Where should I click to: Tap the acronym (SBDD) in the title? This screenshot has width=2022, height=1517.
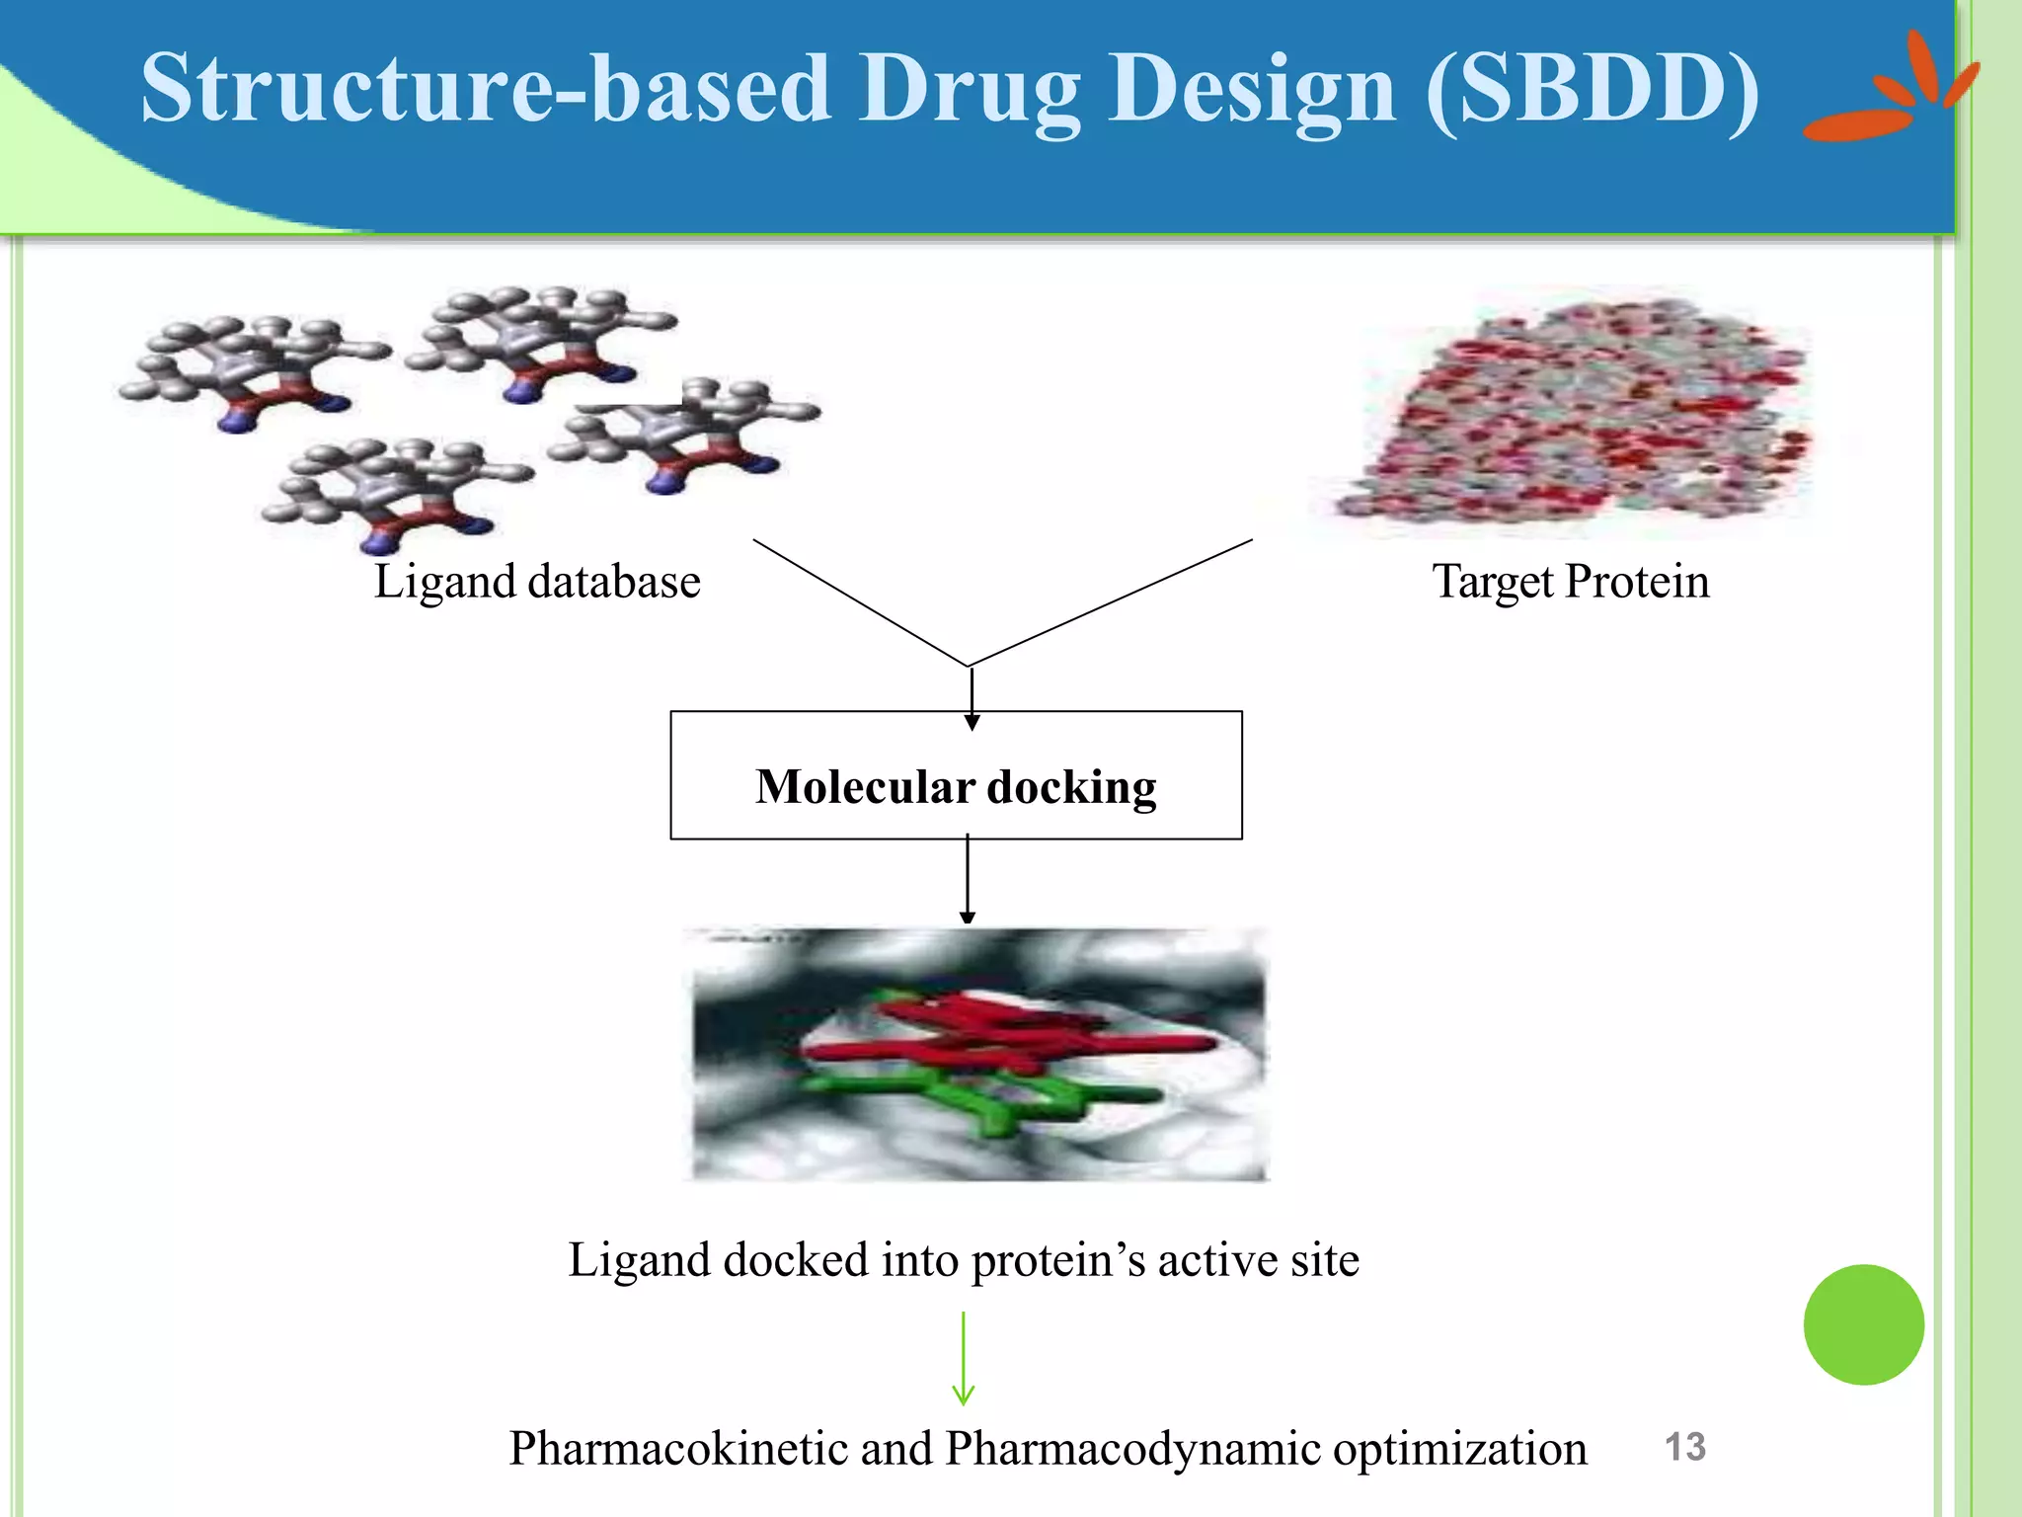pos(1592,89)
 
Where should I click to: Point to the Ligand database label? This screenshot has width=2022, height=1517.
pos(537,581)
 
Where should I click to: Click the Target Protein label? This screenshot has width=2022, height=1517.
pos(1571,581)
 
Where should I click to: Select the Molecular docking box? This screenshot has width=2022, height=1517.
pos(956,776)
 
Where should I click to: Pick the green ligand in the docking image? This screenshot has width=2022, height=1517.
pos(987,1101)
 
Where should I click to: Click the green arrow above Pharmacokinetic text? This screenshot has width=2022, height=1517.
pos(964,1358)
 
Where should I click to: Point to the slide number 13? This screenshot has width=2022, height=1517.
pos(1684,1447)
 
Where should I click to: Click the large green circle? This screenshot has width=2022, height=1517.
pos(1863,1324)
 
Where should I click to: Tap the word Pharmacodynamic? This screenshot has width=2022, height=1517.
pos(1132,1449)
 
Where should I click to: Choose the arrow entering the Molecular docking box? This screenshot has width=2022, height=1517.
pos(972,697)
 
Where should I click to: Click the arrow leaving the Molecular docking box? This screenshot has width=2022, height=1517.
pos(968,879)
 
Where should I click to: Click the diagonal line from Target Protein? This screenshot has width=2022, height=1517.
pos(1111,602)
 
